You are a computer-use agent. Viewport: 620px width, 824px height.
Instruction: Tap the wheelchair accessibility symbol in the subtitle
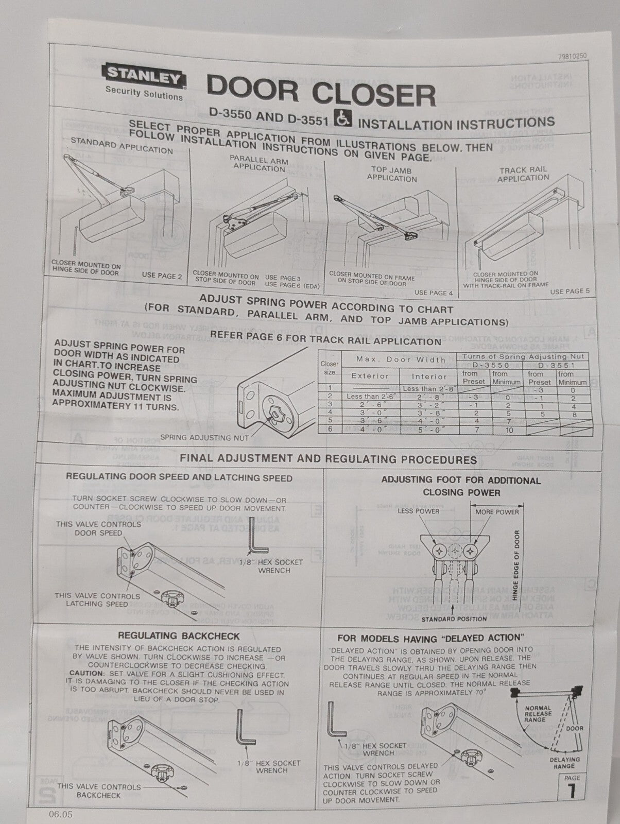pos(343,119)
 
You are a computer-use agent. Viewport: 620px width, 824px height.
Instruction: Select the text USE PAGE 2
pos(162,276)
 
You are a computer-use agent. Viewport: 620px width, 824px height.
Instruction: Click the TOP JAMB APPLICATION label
pos(392,174)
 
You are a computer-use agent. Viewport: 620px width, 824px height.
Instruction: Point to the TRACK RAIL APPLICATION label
pos(523,174)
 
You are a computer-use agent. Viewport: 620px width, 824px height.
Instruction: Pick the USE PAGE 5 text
pos(570,291)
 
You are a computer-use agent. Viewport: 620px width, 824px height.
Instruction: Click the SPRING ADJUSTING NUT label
pos(204,438)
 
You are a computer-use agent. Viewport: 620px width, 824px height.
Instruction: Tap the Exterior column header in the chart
pos(370,376)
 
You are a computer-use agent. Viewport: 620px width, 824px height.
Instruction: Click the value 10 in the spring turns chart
pos(509,430)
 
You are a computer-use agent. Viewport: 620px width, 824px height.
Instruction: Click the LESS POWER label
pos(418,511)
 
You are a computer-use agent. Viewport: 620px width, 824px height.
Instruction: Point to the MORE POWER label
pos(497,511)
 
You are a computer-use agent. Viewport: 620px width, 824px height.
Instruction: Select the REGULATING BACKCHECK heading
pos(179,636)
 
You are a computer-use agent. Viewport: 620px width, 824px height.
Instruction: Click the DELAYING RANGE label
pos(564,762)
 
